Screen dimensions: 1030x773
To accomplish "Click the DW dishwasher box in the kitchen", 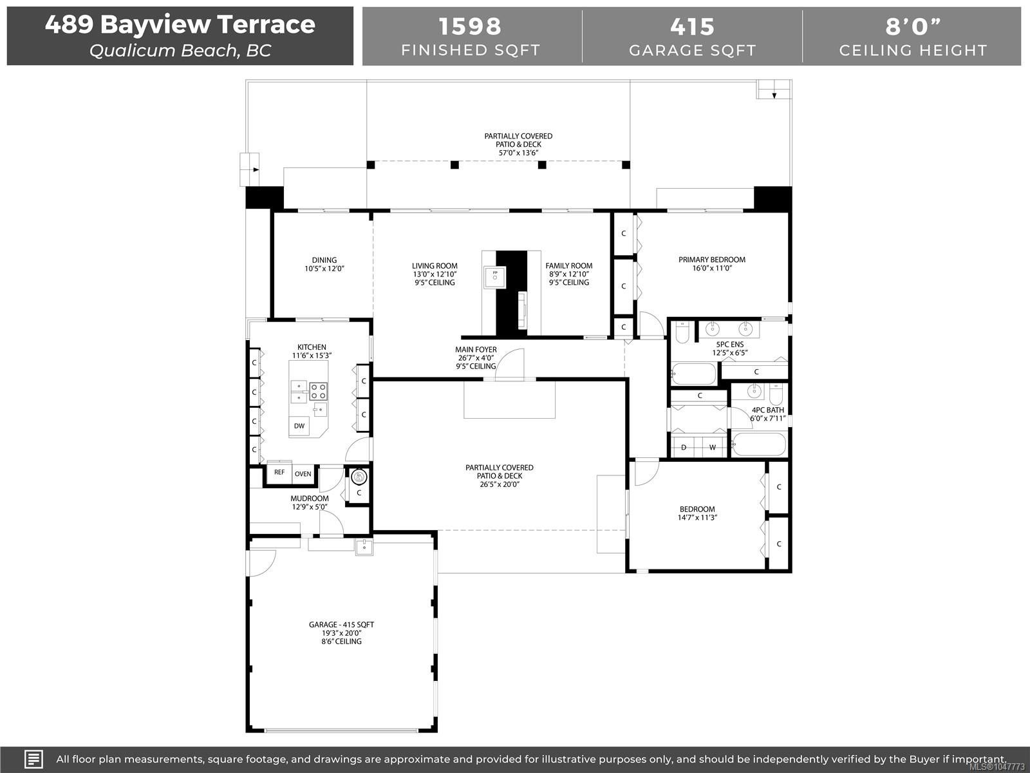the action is pyautogui.click(x=299, y=426).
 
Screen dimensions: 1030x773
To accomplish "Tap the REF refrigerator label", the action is pyautogui.click(x=279, y=472).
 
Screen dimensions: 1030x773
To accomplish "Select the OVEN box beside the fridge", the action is pyautogui.click(x=303, y=474).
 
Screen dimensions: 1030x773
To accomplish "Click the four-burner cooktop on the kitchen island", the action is pyautogui.click(x=318, y=391).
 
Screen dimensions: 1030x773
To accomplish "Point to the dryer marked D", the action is pyautogui.click(x=684, y=447).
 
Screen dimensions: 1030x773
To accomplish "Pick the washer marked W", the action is pyautogui.click(x=713, y=447).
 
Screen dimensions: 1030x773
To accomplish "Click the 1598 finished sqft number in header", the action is pyautogui.click(x=470, y=26).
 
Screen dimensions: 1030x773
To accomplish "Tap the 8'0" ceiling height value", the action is pyautogui.click(x=913, y=26).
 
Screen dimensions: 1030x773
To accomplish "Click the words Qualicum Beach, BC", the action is pyautogui.click(x=180, y=51).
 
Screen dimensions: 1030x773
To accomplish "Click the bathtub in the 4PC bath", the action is pyautogui.click(x=759, y=444).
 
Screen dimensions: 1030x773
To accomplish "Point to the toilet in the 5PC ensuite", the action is pyautogui.click(x=682, y=332).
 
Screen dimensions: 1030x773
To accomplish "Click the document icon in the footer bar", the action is pyautogui.click(x=33, y=759).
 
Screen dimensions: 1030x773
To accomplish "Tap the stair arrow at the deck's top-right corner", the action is pyautogui.click(x=774, y=95).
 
